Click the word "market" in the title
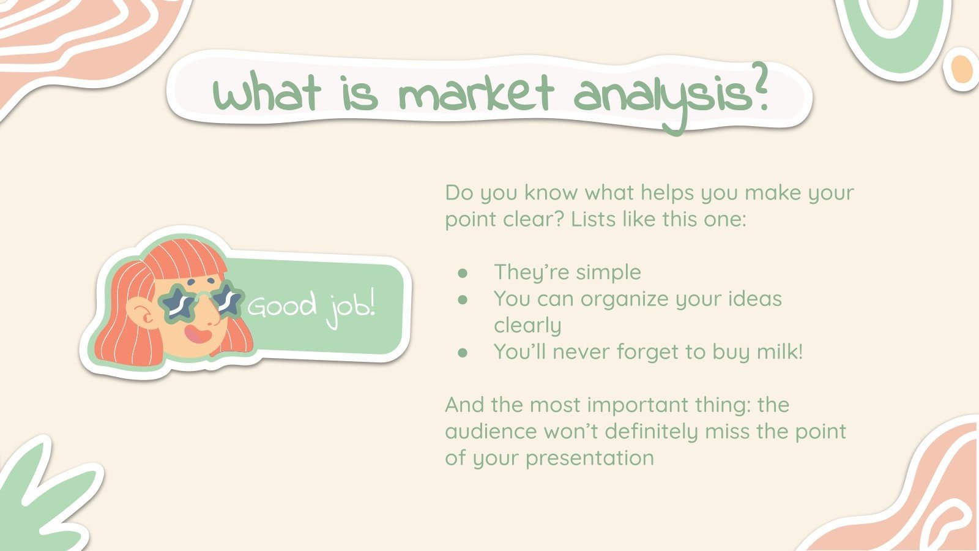476,95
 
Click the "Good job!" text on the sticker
311,305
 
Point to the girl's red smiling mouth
197,334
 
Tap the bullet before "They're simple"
463,272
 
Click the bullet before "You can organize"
463,299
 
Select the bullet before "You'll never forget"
463,353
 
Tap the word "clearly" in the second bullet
527,326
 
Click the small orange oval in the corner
962,69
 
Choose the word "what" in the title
267,95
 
